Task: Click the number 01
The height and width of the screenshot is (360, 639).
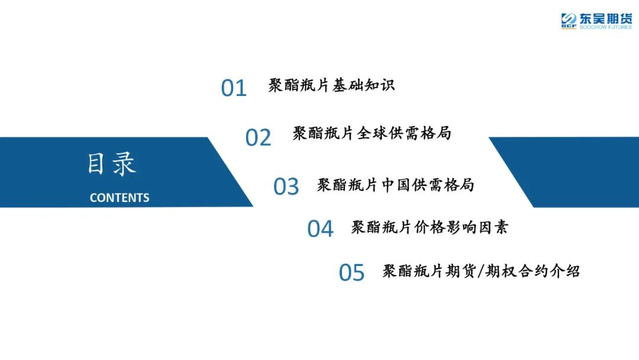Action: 234,88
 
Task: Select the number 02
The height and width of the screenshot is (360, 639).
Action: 258,137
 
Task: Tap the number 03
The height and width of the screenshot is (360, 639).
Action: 286,187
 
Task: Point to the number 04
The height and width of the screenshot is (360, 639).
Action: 320,229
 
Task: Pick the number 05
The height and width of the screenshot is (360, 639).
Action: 351,272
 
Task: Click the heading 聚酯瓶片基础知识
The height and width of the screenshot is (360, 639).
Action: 331,85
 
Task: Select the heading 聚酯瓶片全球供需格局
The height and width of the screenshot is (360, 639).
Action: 372,133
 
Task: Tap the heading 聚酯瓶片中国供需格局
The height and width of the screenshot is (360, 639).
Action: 395,185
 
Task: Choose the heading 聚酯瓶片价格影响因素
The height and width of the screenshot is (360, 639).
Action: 430,227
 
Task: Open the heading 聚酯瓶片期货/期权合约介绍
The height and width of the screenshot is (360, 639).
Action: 481,271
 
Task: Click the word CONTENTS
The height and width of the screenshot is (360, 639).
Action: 120,198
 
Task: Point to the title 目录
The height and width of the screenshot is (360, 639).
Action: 112,164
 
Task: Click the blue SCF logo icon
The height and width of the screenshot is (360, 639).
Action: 569,21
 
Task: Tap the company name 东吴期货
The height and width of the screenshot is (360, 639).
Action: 606,18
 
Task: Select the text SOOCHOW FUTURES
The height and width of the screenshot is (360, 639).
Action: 606,27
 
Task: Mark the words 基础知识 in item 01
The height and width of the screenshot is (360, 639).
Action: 363,85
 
